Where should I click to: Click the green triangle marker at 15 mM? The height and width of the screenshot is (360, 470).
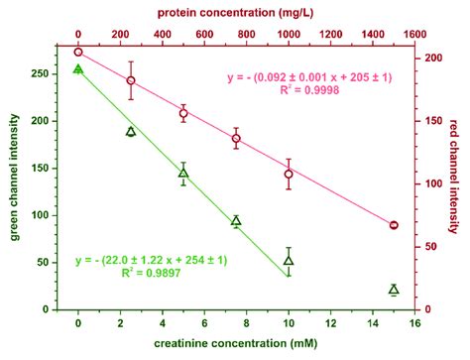(x=394, y=290)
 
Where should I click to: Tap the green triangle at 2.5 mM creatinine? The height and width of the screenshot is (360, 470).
(x=131, y=131)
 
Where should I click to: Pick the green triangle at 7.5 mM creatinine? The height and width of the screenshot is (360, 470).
(x=236, y=221)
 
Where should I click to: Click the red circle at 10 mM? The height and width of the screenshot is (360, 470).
(x=289, y=174)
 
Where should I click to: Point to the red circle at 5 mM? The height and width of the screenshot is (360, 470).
(x=183, y=113)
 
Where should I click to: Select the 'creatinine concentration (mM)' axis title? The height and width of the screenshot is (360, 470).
(x=236, y=345)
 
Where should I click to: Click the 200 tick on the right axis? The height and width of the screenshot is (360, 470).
(x=429, y=58)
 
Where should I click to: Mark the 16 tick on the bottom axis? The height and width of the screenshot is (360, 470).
(x=419, y=322)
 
